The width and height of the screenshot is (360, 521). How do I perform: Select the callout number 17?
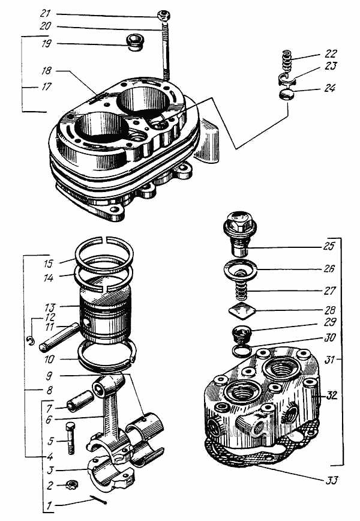46,86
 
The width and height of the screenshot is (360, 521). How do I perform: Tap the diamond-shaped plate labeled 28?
243,312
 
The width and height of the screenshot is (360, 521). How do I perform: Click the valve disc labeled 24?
287,95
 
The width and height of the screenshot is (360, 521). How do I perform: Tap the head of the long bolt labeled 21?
163,14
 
